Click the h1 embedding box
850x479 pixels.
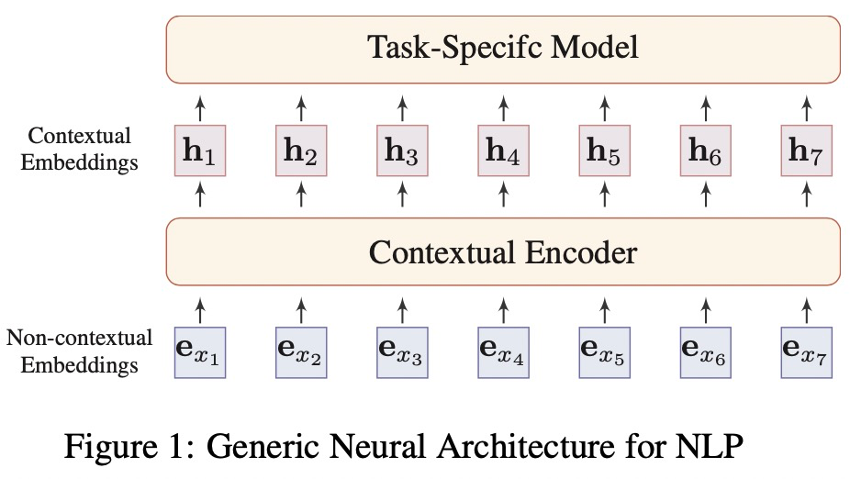200,150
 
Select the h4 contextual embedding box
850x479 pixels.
504,150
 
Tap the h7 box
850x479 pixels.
807,150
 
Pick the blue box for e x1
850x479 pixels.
200,352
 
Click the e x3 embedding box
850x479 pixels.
402,352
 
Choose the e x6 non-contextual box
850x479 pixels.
706,352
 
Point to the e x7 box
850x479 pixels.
807,352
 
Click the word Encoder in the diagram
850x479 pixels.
581,252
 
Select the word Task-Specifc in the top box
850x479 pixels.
454,48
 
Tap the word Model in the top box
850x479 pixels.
595,47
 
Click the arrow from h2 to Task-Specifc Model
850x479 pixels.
301,108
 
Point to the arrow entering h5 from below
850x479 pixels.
604,195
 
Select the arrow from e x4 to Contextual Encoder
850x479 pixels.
504,310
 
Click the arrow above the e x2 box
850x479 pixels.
301,310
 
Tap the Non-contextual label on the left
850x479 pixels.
79,338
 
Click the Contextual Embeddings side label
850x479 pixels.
79,149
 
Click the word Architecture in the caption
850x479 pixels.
526,446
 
